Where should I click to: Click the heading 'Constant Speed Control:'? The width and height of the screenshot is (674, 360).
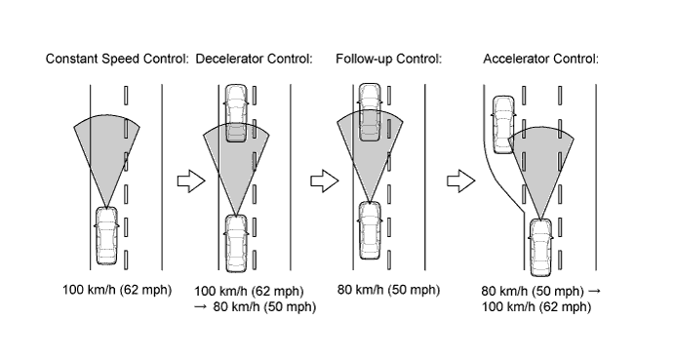(117, 59)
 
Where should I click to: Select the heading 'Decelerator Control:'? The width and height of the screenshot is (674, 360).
(254, 59)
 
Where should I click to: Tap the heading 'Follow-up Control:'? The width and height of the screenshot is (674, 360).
(388, 59)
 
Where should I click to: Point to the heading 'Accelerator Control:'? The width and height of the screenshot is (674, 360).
(540, 59)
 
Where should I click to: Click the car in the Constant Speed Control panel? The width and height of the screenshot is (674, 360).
(106, 236)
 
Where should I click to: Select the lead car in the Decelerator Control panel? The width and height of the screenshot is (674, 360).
(236, 113)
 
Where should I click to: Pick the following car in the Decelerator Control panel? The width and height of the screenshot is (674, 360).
(236, 244)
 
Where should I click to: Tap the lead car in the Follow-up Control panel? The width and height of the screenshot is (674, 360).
(370, 112)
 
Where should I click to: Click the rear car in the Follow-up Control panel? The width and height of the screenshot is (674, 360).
(370, 230)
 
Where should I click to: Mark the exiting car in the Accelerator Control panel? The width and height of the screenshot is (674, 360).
(503, 125)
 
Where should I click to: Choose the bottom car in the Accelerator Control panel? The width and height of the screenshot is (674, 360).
(540, 247)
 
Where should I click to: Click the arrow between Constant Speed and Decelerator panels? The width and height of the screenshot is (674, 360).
(191, 181)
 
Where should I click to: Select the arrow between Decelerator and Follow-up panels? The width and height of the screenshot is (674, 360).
(325, 181)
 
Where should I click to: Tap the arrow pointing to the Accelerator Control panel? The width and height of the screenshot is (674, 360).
(460, 181)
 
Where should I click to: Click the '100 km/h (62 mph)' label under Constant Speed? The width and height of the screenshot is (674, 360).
(117, 290)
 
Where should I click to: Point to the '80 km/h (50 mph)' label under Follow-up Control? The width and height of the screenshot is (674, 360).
(388, 290)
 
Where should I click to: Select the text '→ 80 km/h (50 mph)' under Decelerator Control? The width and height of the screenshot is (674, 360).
(255, 306)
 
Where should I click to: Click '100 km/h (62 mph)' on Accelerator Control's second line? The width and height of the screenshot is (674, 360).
(536, 306)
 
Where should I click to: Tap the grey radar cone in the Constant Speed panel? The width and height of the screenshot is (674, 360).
(106, 150)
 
